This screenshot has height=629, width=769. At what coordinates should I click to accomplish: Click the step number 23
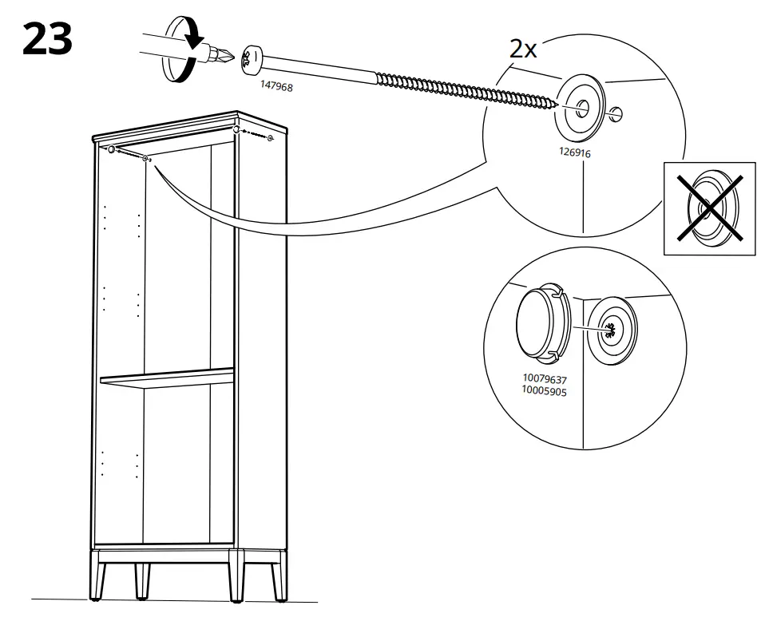(x=48, y=39)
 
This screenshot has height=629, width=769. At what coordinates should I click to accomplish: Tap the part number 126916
(x=575, y=151)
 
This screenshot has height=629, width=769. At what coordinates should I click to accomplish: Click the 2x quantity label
(x=524, y=49)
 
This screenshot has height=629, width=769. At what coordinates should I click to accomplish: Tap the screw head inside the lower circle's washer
(x=611, y=328)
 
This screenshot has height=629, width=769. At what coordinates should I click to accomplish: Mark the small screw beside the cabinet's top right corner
(x=271, y=138)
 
